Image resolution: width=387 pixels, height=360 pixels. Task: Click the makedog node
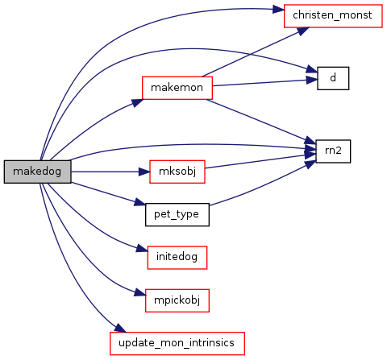37,172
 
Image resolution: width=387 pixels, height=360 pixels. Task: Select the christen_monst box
333,16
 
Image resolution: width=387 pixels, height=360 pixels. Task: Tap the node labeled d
333,78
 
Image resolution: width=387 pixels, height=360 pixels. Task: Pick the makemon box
177,88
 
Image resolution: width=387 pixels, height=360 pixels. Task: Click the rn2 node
333,151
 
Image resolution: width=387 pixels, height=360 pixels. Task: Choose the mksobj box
177,172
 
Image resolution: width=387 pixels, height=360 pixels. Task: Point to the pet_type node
177,214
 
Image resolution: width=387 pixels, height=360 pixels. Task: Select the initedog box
177,257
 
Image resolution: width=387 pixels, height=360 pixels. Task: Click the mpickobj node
177,300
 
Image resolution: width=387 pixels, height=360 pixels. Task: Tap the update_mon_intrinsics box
177,343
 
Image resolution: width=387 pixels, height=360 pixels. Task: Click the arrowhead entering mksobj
144,172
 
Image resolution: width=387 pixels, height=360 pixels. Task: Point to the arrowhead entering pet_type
139,203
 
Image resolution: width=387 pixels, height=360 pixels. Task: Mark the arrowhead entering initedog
142,249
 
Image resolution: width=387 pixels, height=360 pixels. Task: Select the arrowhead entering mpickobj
140,293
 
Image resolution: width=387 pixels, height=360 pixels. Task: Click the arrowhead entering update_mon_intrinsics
120,328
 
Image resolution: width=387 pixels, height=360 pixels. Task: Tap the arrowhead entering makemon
137,103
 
